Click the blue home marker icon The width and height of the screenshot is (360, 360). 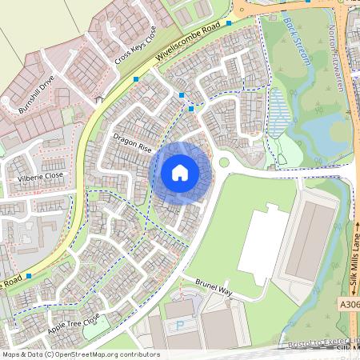(180, 172)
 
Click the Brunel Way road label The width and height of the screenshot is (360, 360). (213, 287)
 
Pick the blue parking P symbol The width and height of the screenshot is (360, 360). (179, 325)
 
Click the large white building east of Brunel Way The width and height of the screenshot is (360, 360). (263, 243)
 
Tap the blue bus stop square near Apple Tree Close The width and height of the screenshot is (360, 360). (30, 275)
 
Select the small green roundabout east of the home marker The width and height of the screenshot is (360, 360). (224, 162)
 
